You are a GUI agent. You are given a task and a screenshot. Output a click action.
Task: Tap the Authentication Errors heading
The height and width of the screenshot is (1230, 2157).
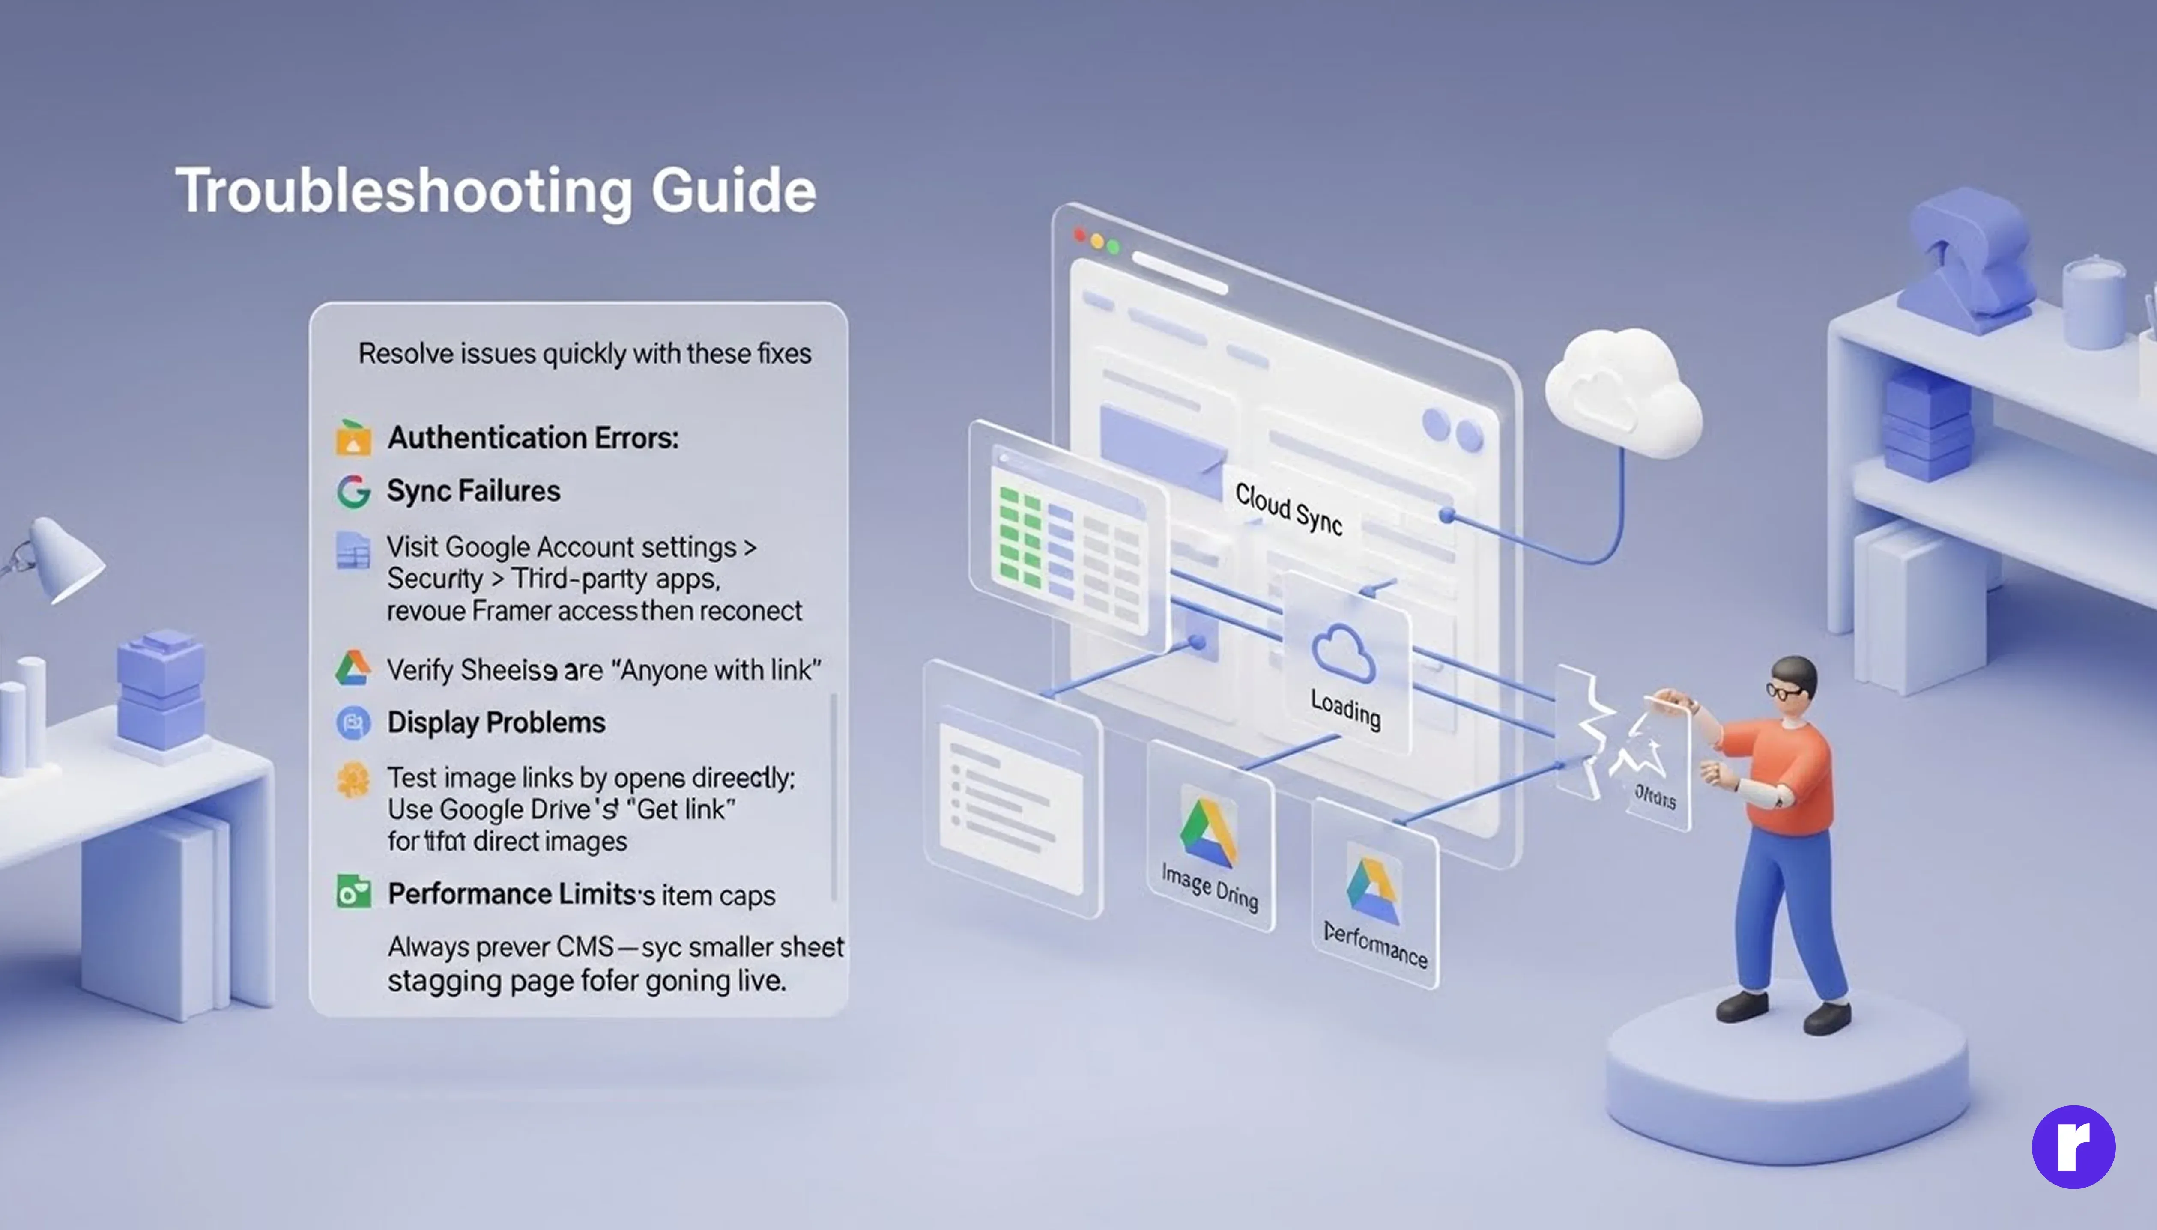coord(532,438)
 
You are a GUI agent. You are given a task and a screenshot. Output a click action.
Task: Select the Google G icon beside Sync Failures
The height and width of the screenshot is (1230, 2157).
coord(353,491)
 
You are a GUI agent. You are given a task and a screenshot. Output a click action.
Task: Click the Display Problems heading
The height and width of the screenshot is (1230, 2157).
coord(496,722)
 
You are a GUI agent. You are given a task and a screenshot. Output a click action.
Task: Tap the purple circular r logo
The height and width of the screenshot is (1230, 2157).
coord(2073,1146)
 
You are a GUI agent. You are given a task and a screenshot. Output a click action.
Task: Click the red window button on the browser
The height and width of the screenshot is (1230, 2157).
coord(1079,234)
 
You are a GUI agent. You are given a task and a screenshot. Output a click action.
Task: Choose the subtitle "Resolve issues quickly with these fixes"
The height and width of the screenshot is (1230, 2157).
coord(585,353)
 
